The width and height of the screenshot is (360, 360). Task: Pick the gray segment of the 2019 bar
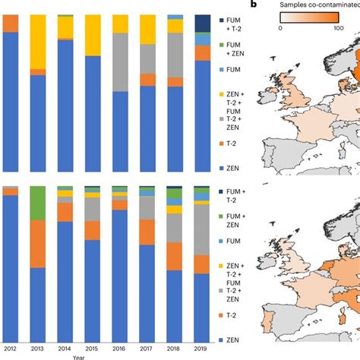pyautogui.click(x=201, y=231)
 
